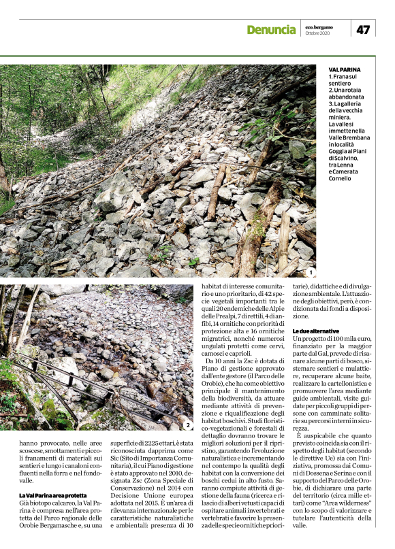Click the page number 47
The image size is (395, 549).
[x=363, y=29]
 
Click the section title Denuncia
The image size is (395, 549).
[x=272, y=30]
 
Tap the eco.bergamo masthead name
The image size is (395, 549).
[x=318, y=26]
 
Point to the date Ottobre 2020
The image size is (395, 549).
[x=317, y=33]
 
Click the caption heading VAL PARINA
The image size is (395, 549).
[x=345, y=70]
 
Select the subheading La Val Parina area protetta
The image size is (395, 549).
[x=53, y=495]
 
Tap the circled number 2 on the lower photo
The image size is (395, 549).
[x=187, y=425]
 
